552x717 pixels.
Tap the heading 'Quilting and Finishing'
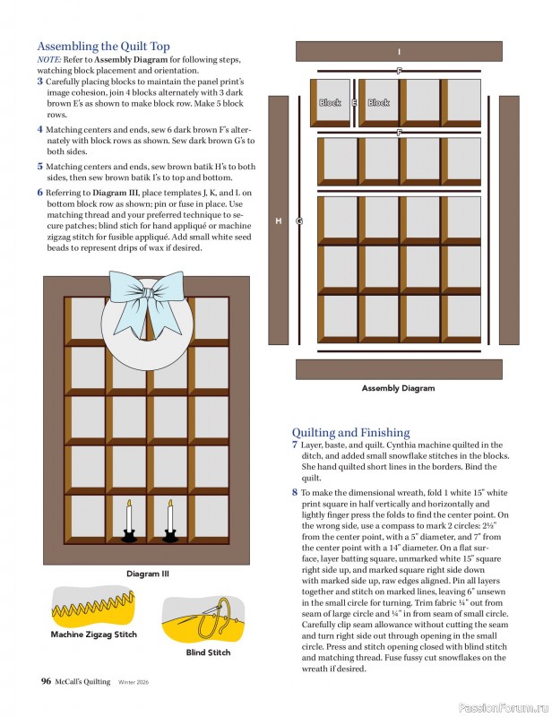click(x=350, y=432)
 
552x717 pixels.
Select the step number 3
click(x=40, y=81)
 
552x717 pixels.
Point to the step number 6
click(x=40, y=192)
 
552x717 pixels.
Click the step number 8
click(x=295, y=492)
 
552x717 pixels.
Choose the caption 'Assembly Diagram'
click(x=398, y=388)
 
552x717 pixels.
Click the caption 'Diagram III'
click(x=147, y=574)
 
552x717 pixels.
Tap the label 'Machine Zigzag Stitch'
click(x=93, y=634)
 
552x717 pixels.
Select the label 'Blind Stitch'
click(x=208, y=652)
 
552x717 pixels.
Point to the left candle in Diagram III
click(x=128, y=520)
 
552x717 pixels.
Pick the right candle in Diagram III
click(x=169, y=520)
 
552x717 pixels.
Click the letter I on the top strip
click(x=399, y=52)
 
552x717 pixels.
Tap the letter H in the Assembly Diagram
click(x=279, y=220)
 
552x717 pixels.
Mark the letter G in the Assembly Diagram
click(x=299, y=220)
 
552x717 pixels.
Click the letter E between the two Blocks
click(x=355, y=103)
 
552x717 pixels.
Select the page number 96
click(x=46, y=681)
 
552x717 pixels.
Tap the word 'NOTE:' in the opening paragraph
click(x=49, y=59)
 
